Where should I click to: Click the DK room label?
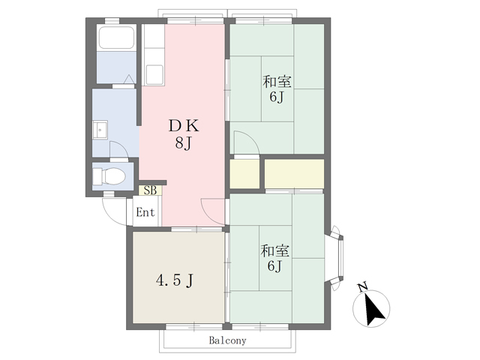point(184,125)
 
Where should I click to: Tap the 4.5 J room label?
point(175,280)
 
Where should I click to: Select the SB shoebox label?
point(150,190)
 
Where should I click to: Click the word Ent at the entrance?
point(145,212)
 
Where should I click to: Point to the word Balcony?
point(227,340)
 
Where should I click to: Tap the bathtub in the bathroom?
point(116,37)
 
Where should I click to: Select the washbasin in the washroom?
point(100,130)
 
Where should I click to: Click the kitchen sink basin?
point(154,75)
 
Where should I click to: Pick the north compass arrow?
point(373,310)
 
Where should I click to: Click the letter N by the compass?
point(363,287)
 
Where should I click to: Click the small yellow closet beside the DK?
point(244,174)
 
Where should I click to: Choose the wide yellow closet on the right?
point(294,174)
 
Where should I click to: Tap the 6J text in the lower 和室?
point(274,265)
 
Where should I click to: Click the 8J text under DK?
point(183,142)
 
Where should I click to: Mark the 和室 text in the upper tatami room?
point(277,82)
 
